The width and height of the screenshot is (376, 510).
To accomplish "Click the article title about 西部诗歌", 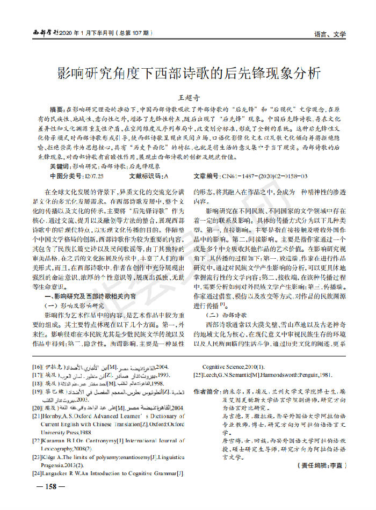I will pyautogui.click(x=189, y=73).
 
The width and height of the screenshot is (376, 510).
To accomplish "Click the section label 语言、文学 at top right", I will pyautogui.click(x=330, y=34).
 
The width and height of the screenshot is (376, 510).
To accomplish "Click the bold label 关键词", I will pyautogui.click(x=60, y=167).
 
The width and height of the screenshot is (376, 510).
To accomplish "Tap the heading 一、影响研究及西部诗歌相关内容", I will pyautogui.click(x=90, y=296).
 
